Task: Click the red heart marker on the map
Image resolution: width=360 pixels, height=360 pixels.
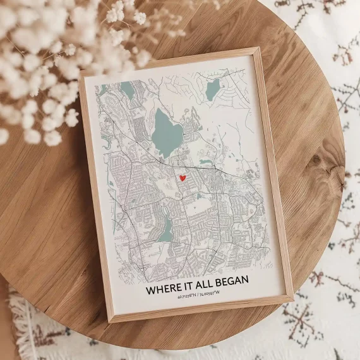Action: coord(182,178)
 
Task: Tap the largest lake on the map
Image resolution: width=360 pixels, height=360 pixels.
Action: coord(167,133)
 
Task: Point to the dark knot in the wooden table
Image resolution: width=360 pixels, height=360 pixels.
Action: coord(315,160)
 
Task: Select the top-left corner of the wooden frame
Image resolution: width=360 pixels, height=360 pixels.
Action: coord(80,78)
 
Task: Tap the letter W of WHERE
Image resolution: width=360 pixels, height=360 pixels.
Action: coord(150,291)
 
